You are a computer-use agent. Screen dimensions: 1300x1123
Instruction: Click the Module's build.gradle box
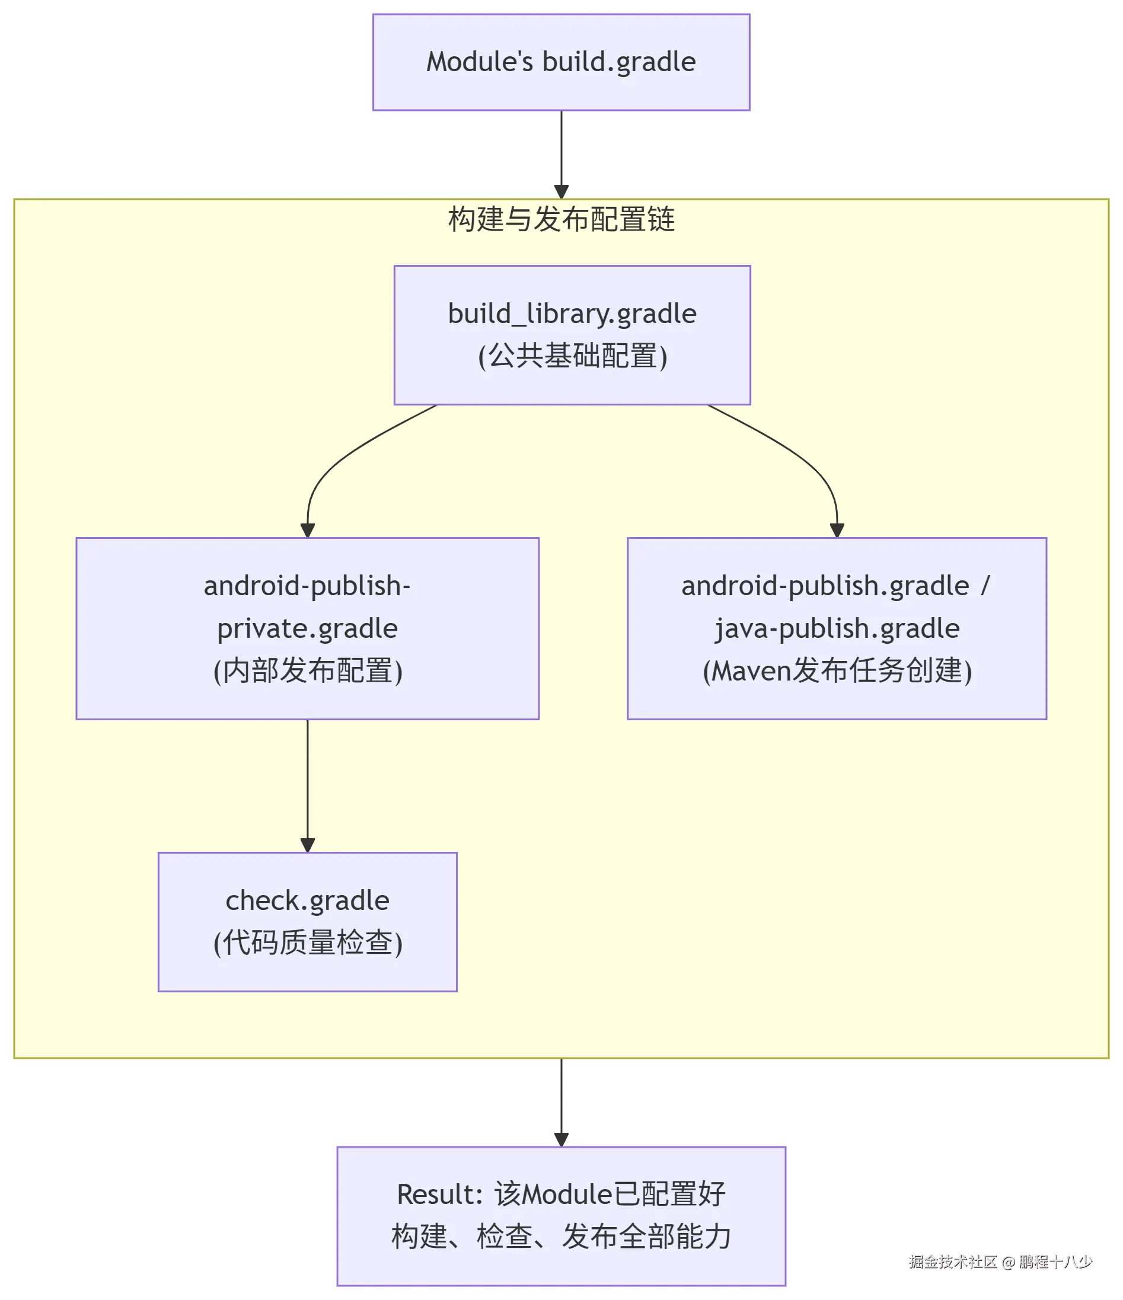click(560, 62)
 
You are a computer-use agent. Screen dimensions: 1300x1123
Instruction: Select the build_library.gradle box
click(572, 334)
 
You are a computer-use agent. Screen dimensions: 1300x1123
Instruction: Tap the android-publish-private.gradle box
click(307, 628)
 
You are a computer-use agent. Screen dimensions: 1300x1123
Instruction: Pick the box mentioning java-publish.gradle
click(836, 628)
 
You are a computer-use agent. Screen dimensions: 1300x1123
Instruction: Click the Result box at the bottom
click(560, 1216)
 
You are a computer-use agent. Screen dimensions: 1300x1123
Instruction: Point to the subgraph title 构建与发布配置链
click(560, 219)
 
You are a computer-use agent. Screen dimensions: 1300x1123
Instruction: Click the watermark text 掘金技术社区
click(952, 1261)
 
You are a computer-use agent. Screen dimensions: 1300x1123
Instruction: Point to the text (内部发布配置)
click(307, 670)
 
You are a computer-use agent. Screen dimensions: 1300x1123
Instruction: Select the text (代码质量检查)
click(307, 943)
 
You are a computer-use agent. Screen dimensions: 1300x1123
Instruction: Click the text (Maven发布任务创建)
click(836, 670)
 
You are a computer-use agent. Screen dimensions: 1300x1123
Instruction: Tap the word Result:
click(439, 1194)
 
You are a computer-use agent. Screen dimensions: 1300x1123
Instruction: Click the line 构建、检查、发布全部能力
click(560, 1237)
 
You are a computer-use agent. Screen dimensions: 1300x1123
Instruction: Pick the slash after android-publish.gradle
click(984, 585)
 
